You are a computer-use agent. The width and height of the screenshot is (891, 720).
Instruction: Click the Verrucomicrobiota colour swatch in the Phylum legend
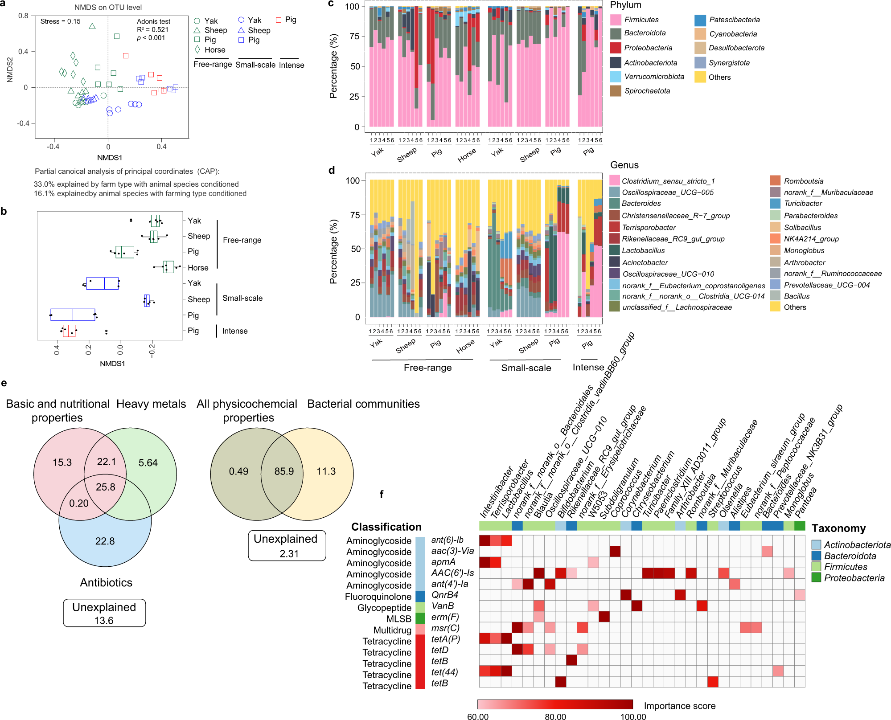[616, 77]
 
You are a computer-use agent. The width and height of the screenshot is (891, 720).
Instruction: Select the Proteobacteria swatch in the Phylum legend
[616, 48]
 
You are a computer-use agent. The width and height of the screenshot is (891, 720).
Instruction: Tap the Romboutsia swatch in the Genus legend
[775, 181]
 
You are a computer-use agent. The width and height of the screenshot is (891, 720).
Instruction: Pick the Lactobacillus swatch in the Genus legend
[615, 250]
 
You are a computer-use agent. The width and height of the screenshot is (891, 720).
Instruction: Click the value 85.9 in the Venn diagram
[284, 471]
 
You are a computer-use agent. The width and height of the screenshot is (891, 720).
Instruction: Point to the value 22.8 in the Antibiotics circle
[105, 541]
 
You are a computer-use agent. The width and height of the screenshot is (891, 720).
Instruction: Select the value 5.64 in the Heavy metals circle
[148, 463]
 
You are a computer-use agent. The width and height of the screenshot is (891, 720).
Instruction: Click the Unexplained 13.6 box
[104, 614]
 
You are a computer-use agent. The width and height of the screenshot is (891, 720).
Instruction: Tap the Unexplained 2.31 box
[287, 546]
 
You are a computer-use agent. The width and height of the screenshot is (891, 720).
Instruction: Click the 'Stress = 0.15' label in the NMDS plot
[60, 21]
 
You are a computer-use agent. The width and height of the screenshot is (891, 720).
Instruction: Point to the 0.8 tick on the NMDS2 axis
[23, 16]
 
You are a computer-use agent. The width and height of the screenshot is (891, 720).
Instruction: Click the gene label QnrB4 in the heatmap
[444, 595]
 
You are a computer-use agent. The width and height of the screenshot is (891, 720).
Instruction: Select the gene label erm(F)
[445, 617]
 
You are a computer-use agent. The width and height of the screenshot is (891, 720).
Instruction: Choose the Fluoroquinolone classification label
[378, 597]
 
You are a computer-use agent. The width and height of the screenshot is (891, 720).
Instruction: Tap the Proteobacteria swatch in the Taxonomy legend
[816, 578]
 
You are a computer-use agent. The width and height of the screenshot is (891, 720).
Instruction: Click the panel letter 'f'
[381, 494]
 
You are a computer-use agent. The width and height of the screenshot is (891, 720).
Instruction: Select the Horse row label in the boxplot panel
[198, 268]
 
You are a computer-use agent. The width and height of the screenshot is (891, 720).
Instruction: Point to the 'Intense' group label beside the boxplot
[235, 331]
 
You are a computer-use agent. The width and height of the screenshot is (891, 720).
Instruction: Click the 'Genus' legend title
[624, 165]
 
